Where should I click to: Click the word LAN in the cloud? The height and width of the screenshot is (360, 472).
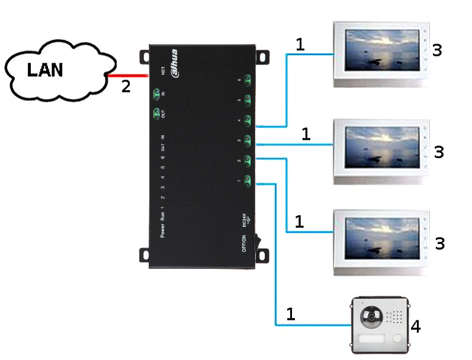click(45, 70)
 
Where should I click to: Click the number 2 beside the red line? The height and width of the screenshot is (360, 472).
click(126, 86)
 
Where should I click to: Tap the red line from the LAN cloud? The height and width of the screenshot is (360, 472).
click(127, 75)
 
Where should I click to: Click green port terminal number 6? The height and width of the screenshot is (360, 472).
click(248, 81)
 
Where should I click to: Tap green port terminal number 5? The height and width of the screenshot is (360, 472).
click(248, 100)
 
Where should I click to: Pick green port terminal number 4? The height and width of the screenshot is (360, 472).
click(248, 120)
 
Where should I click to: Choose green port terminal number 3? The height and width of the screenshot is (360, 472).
click(248, 140)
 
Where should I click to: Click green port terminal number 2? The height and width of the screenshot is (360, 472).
click(248, 160)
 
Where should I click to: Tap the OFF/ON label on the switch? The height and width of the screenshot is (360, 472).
click(243, 243)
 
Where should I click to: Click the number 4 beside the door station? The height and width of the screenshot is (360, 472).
click(416, 326)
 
